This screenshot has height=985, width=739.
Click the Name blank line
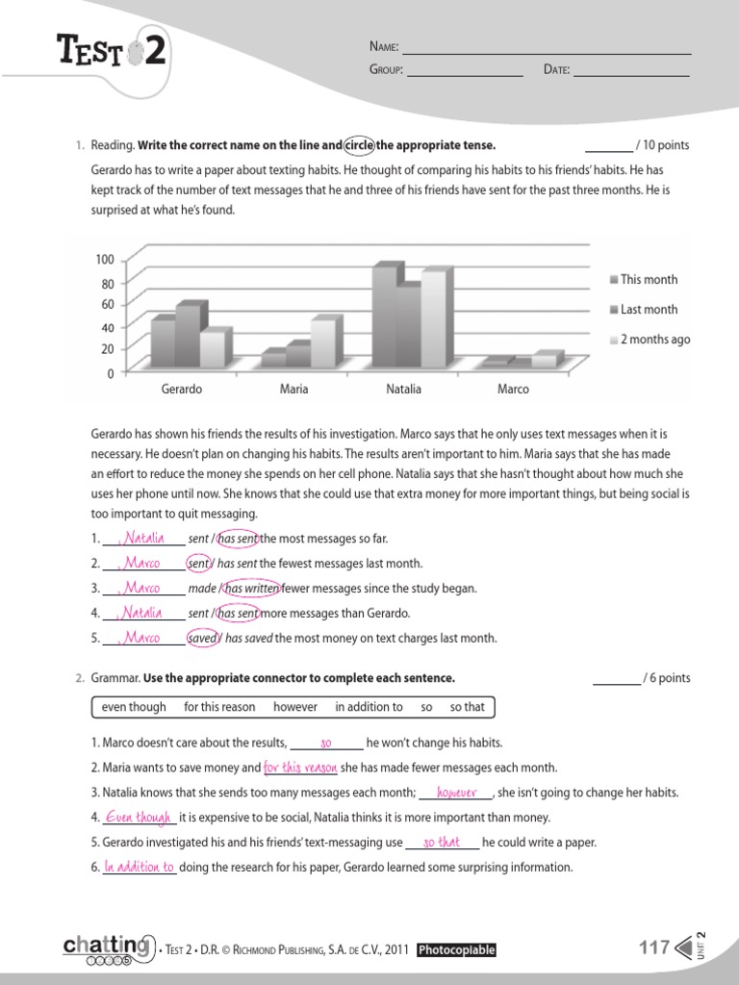546,48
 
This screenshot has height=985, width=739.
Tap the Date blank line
631,70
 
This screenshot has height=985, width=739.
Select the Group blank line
465,70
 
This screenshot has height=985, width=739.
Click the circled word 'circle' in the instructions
359,145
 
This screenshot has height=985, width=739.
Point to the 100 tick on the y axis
105,260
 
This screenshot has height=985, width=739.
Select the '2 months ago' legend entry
649,340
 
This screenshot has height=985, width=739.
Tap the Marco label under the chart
513,390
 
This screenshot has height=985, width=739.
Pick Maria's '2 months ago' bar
323,342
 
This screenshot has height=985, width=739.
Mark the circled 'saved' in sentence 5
202,638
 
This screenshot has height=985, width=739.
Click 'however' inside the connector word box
295,707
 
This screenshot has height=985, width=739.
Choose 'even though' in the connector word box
134,707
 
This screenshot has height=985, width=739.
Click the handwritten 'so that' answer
442,843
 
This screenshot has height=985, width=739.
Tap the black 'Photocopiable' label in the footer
456,950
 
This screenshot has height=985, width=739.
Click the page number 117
654,948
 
